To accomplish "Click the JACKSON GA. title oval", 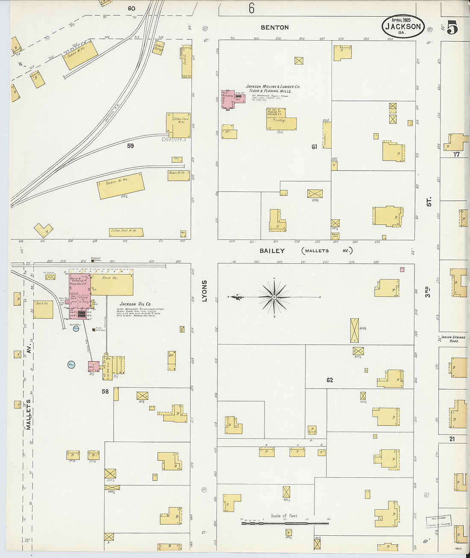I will point(403,27).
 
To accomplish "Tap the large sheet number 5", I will point(452,27).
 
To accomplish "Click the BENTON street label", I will point(275,27).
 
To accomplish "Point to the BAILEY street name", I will point(272,251).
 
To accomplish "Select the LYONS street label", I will point(204,291).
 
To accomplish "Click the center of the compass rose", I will point(274,297).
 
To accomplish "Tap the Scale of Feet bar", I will point(285,523).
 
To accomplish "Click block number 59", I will point(130,146).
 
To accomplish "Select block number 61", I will point(314,147).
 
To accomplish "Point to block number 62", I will point(329,380).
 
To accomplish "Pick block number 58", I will point(105,391).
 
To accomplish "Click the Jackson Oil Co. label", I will point(135,304).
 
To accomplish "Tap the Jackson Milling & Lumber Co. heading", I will point(273,89).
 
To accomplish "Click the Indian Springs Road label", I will point(453,339).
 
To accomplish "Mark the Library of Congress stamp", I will point(439,521).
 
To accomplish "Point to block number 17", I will point(456,154).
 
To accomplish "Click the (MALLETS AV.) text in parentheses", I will point(327,251).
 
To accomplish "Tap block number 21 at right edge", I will point(452,439).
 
